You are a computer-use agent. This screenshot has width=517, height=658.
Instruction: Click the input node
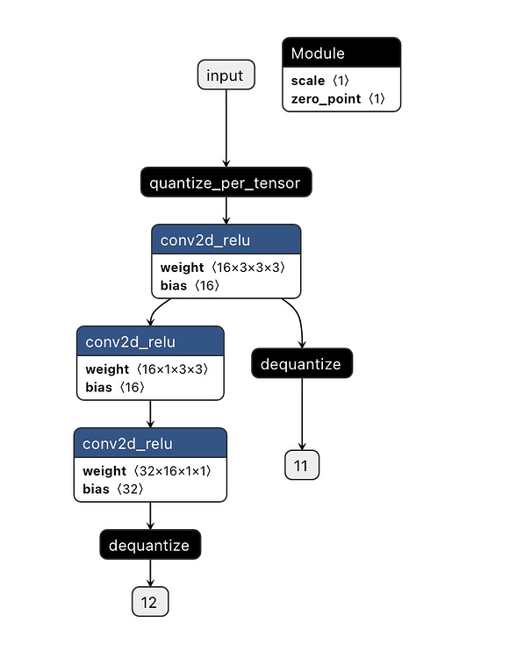(x=226, y=75)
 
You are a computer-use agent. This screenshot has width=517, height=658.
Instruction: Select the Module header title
(x=318, y=54)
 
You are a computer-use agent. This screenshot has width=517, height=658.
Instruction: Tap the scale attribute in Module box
(x=320, y=81)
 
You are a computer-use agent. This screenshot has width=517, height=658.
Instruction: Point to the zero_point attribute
(x=338, y=98)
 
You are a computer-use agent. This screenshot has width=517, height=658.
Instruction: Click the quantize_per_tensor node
(x=226, y=182)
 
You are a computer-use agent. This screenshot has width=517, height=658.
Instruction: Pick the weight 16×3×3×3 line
(x=223, y=268)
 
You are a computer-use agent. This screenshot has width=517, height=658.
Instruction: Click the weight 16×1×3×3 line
(x=147, y=369)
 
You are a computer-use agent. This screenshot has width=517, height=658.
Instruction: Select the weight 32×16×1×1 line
(x=147, y=471)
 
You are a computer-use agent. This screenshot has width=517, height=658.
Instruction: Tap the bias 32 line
(x=113, y=490)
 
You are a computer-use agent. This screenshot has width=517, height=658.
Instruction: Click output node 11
(x=302, y=465)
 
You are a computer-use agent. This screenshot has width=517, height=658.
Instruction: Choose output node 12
(x=150, y=602)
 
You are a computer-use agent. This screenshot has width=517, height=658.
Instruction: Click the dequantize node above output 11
(x=302, y=363)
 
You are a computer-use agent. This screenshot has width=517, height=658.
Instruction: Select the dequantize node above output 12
(x=150, y=545)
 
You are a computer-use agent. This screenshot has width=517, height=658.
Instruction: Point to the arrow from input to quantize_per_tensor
(x=226, y=128)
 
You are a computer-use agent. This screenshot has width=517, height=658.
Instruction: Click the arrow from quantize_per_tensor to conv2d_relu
(x=226, y=211)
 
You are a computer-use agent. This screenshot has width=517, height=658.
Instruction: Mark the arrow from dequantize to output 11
(x=302, y=414)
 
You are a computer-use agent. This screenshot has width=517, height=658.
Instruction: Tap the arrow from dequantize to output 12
(x=150, y=573)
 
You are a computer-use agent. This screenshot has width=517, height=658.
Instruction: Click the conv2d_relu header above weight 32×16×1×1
(x=150, y=443)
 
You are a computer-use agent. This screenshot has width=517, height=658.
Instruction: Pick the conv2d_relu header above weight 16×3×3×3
(x=226, y=240)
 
